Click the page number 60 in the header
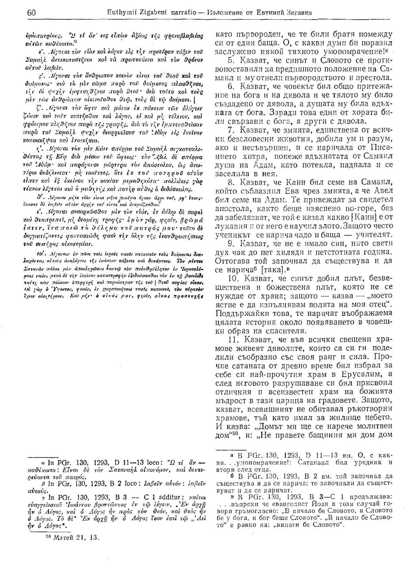31,13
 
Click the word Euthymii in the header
130,13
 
